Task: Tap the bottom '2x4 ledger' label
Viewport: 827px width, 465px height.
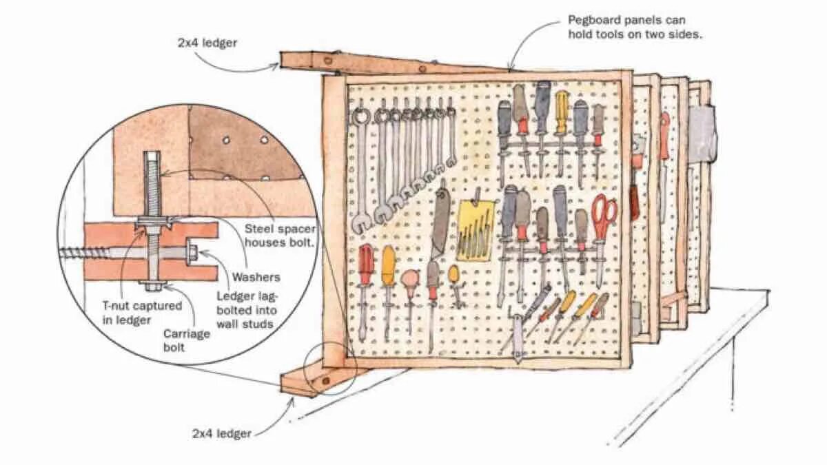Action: [x=221, y=433]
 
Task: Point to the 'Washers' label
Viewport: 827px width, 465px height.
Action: [x=256, y=277]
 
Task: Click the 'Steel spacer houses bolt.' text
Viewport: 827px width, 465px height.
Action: [x=280, y=235]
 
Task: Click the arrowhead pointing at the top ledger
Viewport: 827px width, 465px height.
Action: [x=278, y=66]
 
